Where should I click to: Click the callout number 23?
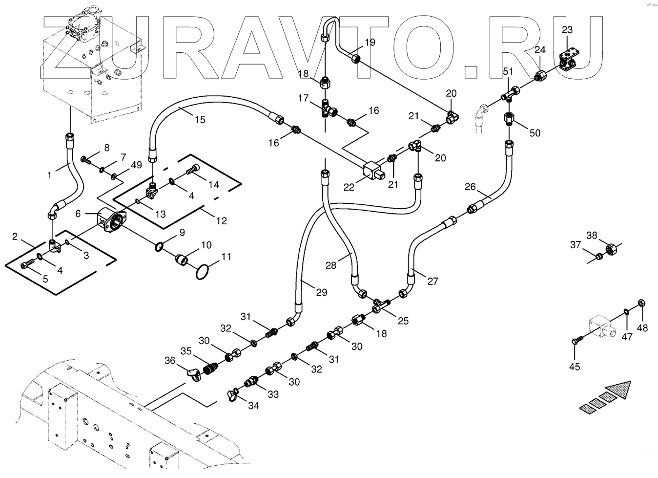tap(567, 30)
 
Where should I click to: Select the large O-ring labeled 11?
tap(205, 272)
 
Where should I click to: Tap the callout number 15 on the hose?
tap(200, 119)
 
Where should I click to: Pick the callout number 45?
tap(575, 366)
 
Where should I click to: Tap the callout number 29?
tap(321, 292)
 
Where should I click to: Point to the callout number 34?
tap(253, 405)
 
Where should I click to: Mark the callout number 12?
tap(222, 220)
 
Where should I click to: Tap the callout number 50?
tap(535, 132)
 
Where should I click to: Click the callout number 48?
tap(642, 328)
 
